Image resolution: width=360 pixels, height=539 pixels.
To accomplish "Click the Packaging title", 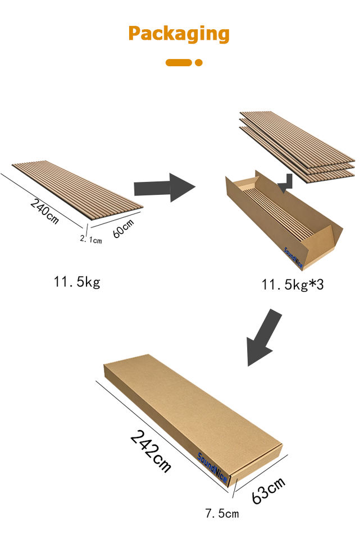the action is pos(179,34).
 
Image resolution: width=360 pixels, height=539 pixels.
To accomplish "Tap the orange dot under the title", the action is pos(198,62).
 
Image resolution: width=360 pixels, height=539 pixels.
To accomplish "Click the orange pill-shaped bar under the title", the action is pos(179,62).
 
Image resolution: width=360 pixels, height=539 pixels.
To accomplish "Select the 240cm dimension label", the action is pos(44,211).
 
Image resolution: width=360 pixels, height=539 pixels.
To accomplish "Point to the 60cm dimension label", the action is pos(123,229).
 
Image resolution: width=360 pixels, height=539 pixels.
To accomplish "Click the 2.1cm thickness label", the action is pos(91,239).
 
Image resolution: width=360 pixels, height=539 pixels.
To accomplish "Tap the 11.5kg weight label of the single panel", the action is pos(77,282).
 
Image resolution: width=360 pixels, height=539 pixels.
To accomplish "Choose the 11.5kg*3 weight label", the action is pos(293,285).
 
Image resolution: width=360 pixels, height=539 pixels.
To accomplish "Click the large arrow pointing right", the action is pos(165,188).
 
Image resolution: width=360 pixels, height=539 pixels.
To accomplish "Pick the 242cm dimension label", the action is pos(151,451).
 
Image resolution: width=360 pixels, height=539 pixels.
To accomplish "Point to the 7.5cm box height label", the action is pos(222,514).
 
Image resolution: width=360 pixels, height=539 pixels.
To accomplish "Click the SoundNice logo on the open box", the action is pos(293,258).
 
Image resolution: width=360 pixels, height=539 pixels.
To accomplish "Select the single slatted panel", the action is pos(78,190).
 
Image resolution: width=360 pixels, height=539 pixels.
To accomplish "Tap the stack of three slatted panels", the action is pos(297,147).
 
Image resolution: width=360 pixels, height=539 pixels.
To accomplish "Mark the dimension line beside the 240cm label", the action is pos(42,200).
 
